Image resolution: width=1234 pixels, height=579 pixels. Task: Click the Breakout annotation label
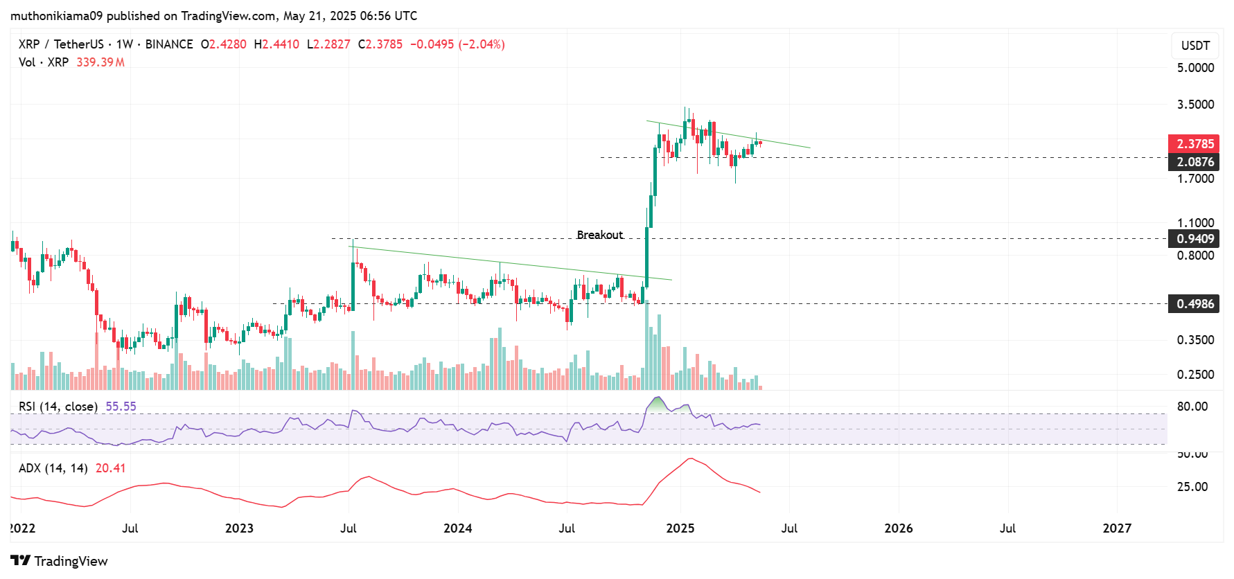[x=599, y=235]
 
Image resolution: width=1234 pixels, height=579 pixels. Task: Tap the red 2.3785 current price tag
[x=1195, y=144]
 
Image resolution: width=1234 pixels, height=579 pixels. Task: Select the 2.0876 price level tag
[x=1195, y=162]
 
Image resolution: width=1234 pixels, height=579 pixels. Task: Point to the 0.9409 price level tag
[x=1195, y=239]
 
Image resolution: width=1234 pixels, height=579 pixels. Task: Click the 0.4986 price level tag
[x=1195, y=304]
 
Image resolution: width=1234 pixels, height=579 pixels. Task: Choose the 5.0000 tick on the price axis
[x=1195, y=68]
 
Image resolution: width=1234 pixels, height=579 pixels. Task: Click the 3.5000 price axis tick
[x=1195, y=105]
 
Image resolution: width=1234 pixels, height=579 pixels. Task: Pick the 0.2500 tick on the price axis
[x=1195, y=375]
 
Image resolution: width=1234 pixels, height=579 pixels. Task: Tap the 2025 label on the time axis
[x=680, y=528]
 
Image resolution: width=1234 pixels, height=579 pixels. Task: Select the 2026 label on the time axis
[x=899, y=528]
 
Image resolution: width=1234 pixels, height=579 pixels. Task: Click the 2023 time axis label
[x=239, y=528]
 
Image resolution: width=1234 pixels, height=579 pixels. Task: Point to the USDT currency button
[x=1195, y=46]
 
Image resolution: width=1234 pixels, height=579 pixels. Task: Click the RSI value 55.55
[x=121, y=407]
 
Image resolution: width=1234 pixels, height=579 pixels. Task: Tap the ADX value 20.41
[x=110, y=468]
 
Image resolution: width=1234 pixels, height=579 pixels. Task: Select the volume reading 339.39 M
[x=100, y=62]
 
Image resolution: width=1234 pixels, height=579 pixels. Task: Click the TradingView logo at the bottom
[x=60, y=561]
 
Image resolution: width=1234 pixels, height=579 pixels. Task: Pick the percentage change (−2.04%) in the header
[x=482, y=44]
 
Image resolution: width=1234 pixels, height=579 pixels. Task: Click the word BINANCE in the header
[x=169, y=44]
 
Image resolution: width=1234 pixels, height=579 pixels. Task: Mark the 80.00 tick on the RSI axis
[x=1192, y=407]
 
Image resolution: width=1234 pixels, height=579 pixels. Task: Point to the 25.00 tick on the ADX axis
[x=1192, y=487]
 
